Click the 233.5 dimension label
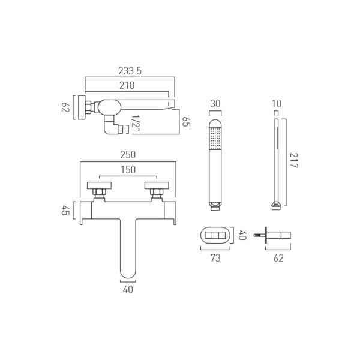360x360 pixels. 130,71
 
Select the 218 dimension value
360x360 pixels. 127,85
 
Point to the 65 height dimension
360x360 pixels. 186,121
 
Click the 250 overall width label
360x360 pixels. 128,155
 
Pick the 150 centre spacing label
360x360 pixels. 128,170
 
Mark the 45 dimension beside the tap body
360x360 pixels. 65,211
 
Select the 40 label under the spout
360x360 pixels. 128,290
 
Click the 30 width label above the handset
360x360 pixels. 215,104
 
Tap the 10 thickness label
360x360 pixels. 277,104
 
